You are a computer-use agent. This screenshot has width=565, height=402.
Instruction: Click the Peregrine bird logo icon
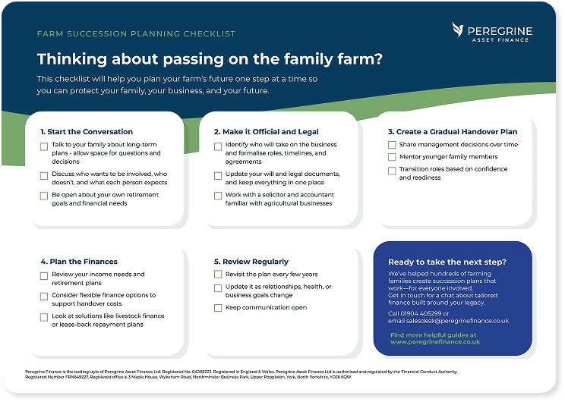pyautogui.click(x=459, y=30)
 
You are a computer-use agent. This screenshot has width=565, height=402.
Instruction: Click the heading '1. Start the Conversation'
pyautogui.click(x=87, y=132)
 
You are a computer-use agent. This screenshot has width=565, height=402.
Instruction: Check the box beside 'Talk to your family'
pyautogui.click(x=44, y=146)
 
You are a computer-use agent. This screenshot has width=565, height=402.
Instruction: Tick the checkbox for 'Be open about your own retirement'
pyautogui.click(x=44, y=196)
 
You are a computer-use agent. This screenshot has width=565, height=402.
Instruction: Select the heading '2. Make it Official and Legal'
pyautogui.click(x=266, y=132)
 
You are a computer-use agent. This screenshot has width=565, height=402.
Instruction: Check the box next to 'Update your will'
pyautogui.click(x=218, y=175)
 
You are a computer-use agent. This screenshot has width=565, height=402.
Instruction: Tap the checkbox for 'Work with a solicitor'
pyautogui.click(x=218, y=196)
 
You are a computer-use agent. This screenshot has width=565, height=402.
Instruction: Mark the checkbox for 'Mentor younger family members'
pyautogui.click(x=392, y=157)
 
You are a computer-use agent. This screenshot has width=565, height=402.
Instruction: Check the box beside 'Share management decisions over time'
pyautogui.click(x=392, y=144)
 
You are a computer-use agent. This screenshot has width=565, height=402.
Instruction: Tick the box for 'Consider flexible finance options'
pyautogui.click(x=44, y=296)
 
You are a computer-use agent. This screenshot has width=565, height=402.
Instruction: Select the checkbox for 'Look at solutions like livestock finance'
pyautogui.click(x=44, y=316)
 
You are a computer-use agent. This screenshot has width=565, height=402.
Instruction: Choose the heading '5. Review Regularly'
pyautogui.click(x=251, y=262)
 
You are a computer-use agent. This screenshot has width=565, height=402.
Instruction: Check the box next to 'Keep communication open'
pyautogui.click(x=218, y=308)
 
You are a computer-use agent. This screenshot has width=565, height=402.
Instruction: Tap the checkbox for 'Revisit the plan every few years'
pyautogui.click(x=218, y=275)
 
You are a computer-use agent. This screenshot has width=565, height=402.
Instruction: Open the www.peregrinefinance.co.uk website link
pyautogui.click(x=434, y=342)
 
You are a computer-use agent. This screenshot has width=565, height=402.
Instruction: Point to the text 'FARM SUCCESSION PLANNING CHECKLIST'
pyautogui.click(x=136, y=34)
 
